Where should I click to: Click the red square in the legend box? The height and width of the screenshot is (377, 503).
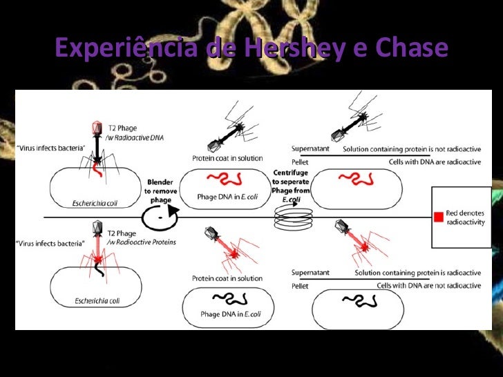coord(438,217)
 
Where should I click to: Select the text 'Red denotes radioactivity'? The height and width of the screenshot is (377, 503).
coord(465,217)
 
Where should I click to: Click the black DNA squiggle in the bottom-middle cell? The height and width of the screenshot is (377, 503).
coord(228,299)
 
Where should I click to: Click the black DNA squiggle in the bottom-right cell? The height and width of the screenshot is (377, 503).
coord(359,300)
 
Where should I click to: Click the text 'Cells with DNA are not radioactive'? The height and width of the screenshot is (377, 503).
coord(428,284)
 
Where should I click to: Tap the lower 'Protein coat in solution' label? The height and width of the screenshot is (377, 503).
coord(227,278)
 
